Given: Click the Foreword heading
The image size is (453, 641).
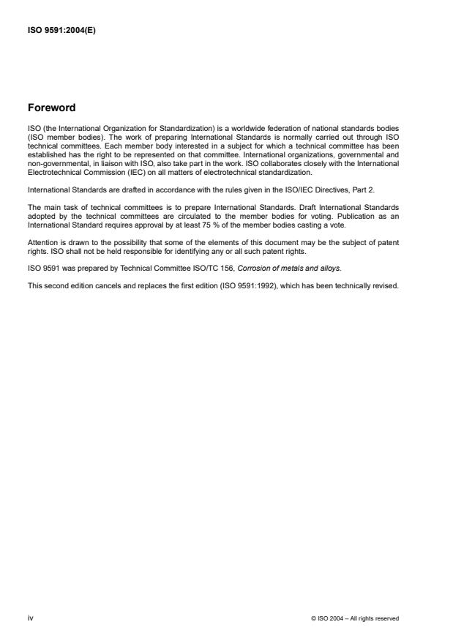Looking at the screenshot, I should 51,108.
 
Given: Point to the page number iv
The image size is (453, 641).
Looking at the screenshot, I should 30,618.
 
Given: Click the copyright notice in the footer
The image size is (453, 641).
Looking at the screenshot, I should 355,619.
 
